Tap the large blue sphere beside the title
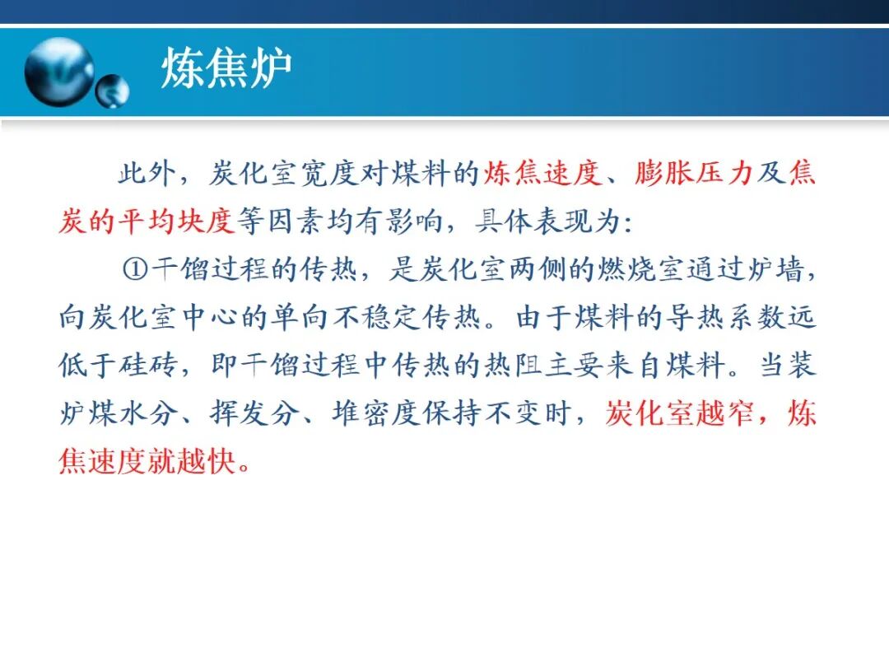(58, 72)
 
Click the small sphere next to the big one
(112, 91)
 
